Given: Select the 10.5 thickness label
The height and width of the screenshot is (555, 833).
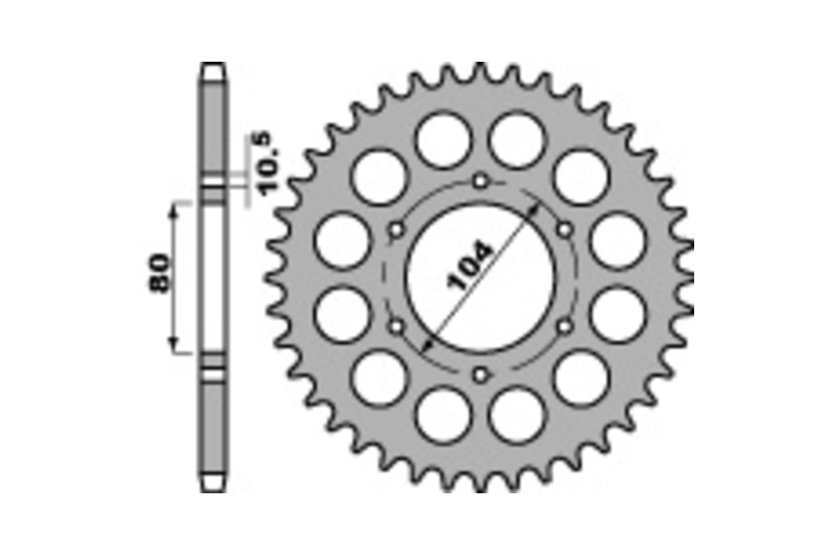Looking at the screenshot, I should [x=268, y=164].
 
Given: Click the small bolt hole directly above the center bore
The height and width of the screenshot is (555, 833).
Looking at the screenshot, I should [x=480, y=181].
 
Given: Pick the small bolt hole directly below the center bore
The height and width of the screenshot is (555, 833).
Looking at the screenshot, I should [x=480, y=375].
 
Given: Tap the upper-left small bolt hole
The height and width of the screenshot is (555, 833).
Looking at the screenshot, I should [x=396, y=230].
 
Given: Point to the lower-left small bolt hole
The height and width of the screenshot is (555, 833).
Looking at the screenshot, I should [x=396, y=325].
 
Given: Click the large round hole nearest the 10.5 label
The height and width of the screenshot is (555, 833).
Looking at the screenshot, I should [x=378, y=176].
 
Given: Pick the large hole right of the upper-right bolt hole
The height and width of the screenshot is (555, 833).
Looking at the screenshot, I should [x=618, y=242].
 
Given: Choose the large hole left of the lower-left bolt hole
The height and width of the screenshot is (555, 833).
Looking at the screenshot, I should [x=341, y=314].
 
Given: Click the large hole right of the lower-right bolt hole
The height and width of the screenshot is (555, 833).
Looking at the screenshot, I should [x=618, y=314].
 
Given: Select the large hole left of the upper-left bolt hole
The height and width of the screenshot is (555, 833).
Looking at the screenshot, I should [x=341, y=242].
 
